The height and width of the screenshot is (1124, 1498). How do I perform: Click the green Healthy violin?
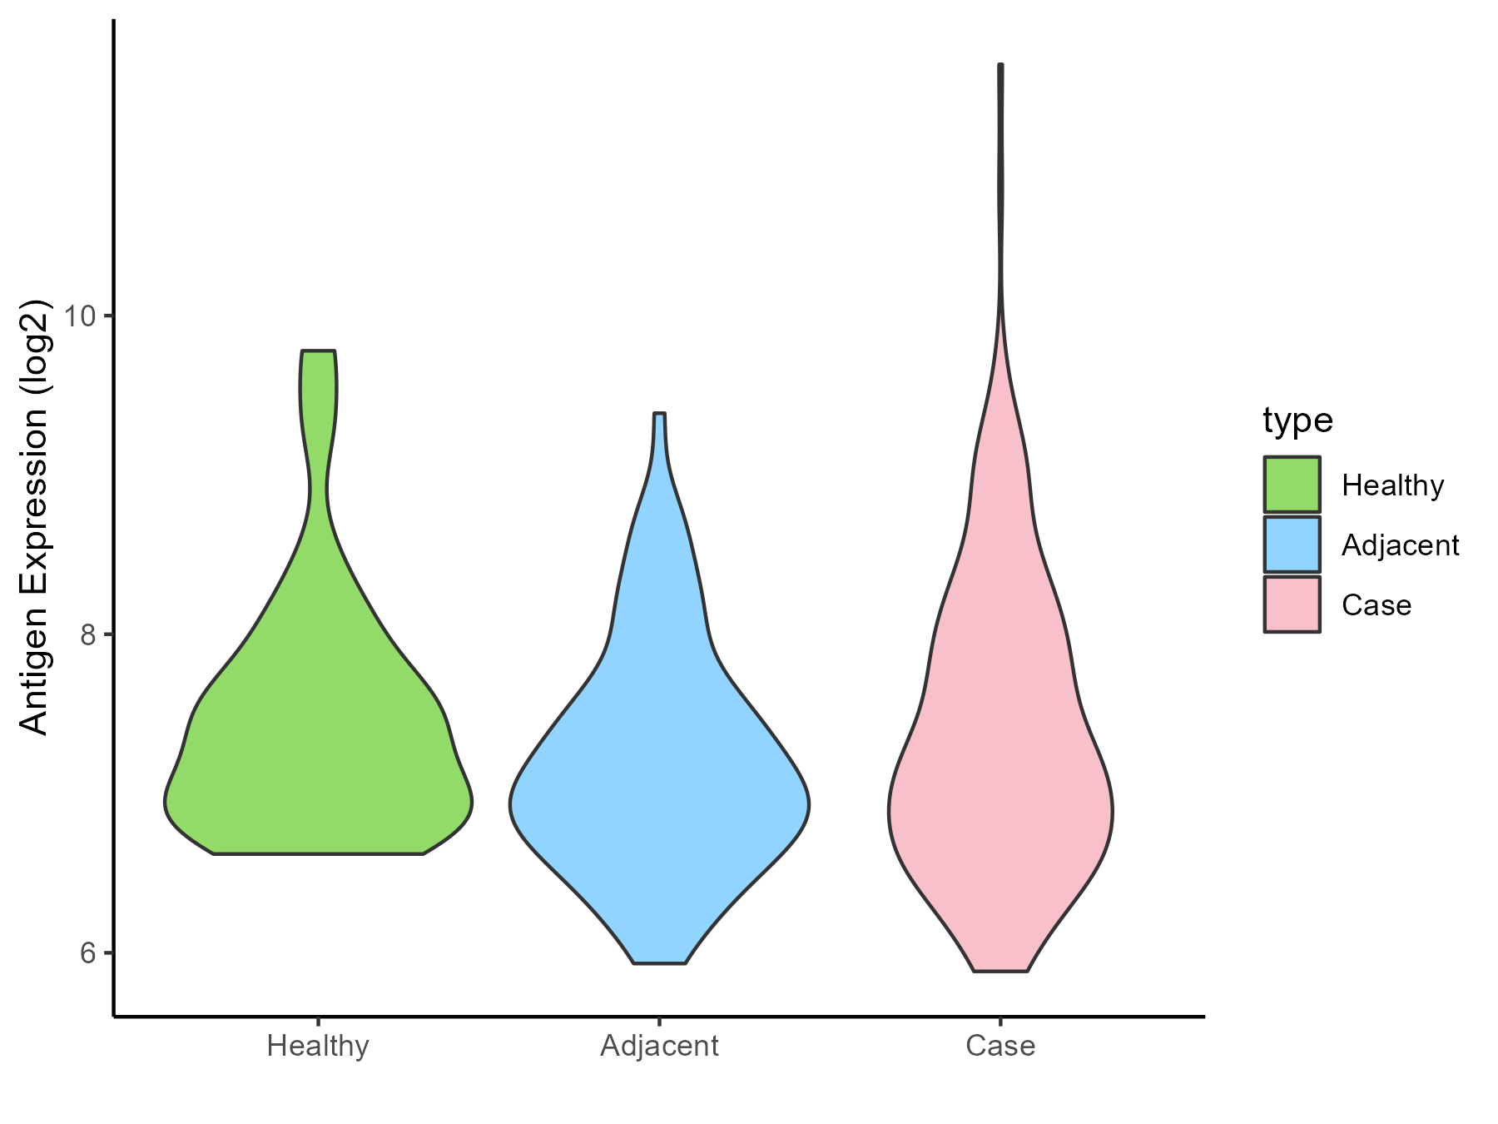point(319,749)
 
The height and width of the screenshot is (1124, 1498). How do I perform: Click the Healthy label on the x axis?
point(318,1046)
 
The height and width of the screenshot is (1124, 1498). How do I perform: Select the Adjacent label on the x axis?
point(659,1046)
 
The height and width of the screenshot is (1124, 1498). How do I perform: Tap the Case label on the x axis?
point(1000,1046)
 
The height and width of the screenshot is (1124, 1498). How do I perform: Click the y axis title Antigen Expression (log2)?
point(35,516)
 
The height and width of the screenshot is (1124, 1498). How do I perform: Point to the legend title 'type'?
point(1297,420)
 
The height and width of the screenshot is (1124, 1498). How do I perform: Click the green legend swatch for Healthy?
point(1292,485)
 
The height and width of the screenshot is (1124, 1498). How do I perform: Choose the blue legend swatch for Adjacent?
point(1292,545)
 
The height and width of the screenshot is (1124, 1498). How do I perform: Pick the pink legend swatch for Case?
point(1292,604)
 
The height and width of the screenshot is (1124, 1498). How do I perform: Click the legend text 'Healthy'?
point(1392,485)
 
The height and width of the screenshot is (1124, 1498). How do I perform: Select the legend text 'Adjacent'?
point(1400,545)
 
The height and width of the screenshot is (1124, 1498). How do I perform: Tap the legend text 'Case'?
point(1376,605)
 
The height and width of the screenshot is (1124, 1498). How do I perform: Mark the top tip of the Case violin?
point(1000,66)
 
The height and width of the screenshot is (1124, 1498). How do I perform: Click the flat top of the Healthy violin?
point(319,352)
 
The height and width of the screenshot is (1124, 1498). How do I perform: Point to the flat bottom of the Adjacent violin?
point(659,962)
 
